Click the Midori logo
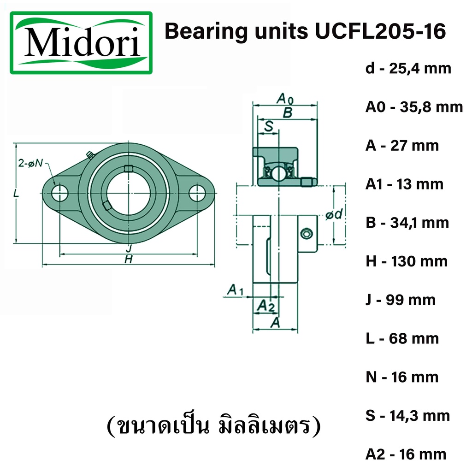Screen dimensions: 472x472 pos(81,43)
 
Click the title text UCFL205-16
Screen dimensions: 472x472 pos(380,31)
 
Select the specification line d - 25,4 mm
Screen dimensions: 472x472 pos(408,69)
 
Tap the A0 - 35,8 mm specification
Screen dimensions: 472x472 pos(414,107)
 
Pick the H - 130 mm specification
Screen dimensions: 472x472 pos(407,261)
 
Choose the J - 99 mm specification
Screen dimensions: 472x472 pos(401,300)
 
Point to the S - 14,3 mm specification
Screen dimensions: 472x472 pos(407,416)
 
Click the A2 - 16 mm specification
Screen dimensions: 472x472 pos(406,454)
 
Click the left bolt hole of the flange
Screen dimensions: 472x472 pos(59,193)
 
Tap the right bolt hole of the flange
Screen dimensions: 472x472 pos(197,193)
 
